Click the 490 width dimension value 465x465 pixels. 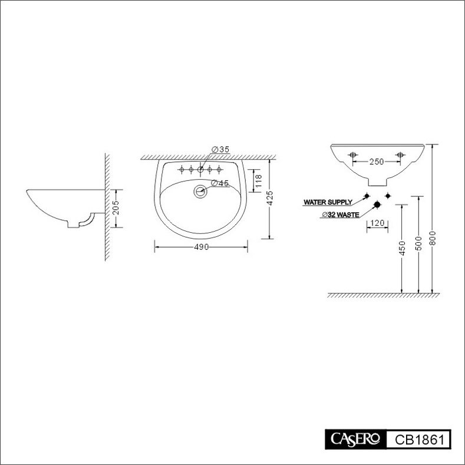click(202, 247)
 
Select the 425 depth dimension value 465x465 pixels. click(269, 198)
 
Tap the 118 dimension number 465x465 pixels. click(258, 181)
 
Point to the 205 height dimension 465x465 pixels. click(116, 207)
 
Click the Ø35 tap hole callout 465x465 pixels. click(220, 150)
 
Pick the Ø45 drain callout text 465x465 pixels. click(220, 183)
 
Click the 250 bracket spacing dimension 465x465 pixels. click(377, 161)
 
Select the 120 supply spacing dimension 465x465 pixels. click(377, 223)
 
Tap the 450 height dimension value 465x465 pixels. click(402, 248)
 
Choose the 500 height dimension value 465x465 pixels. click(418, 243)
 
